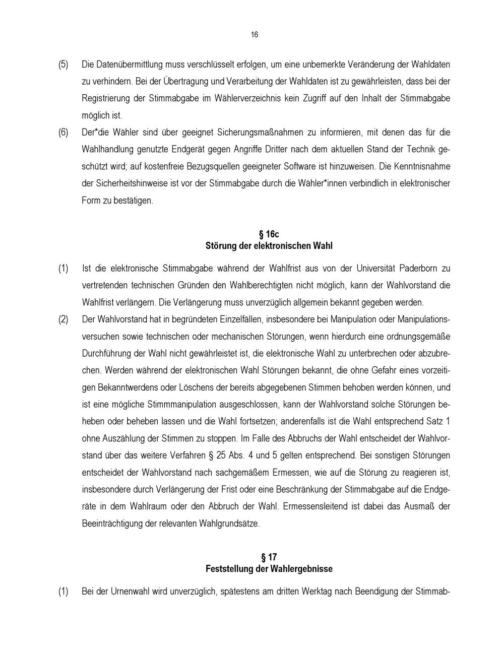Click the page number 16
pos(254,35)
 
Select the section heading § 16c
pos(269,234)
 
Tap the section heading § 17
pos(269,557)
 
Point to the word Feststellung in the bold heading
pos(230,569)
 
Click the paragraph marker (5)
pos(63,65)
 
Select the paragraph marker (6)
pos(63,133)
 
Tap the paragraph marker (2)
pos(63,320)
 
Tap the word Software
pos(300,166)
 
